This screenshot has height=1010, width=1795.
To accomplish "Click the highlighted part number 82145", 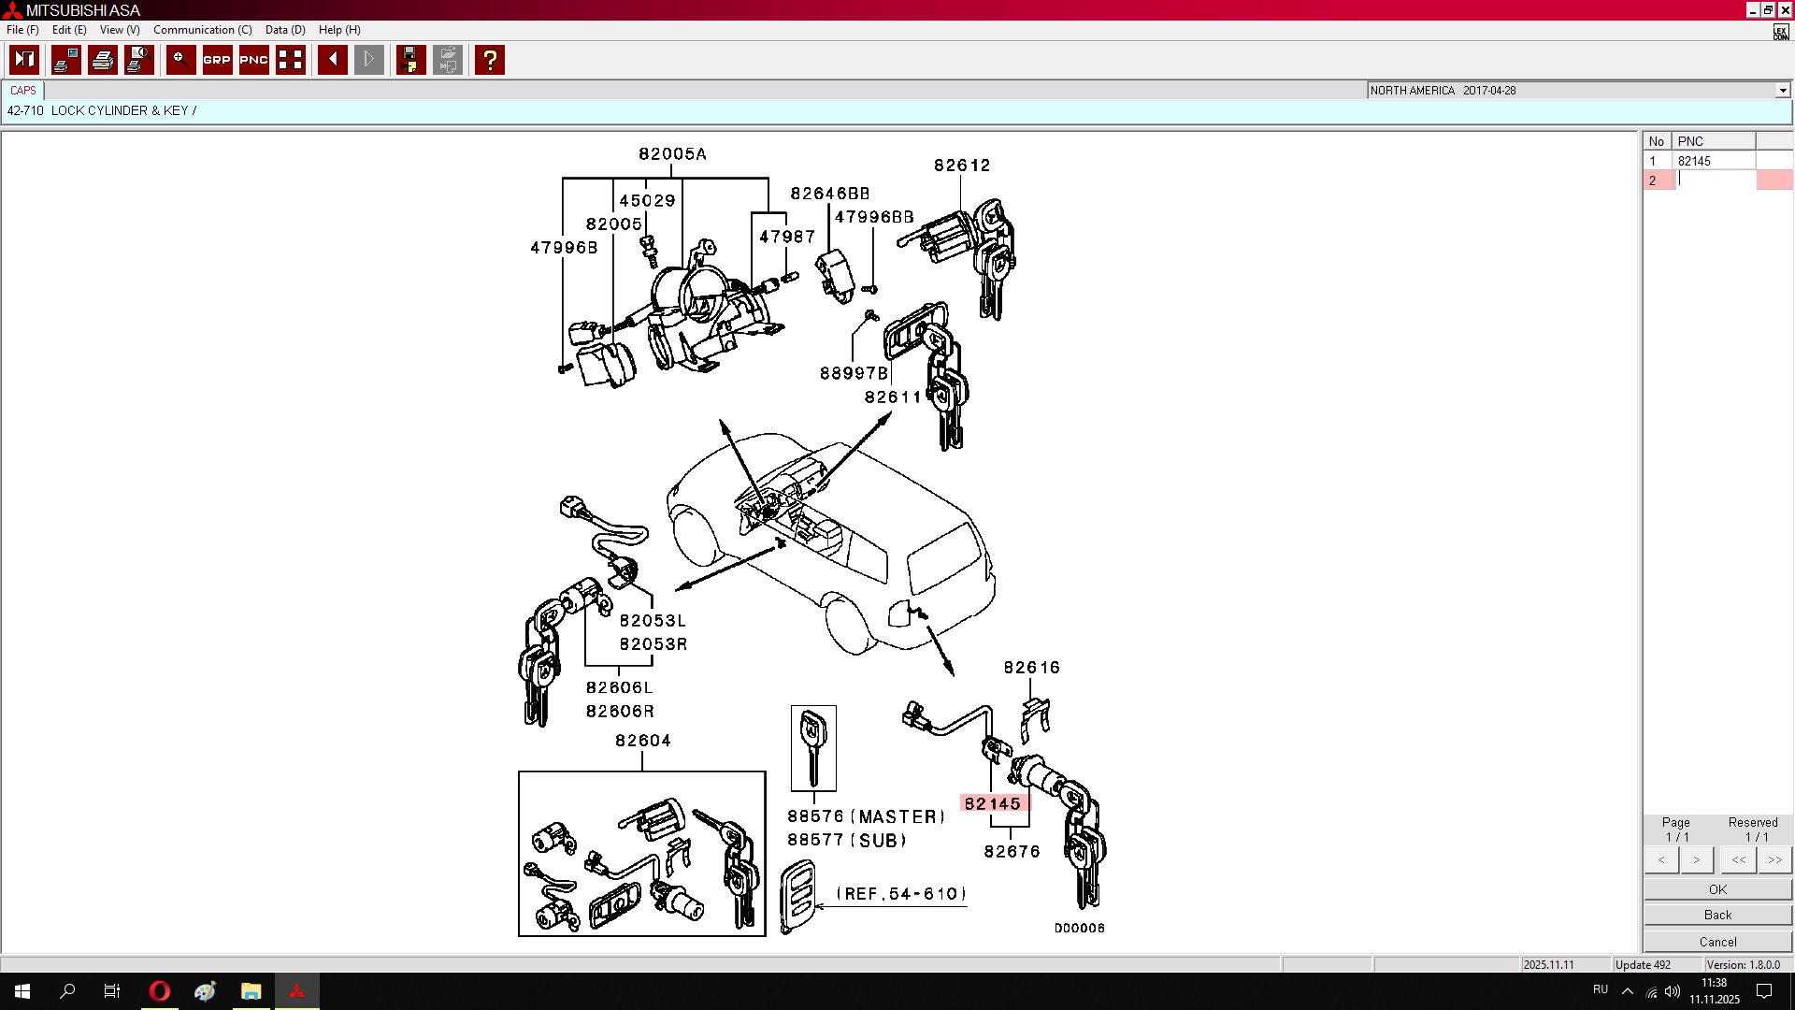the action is (992, 803).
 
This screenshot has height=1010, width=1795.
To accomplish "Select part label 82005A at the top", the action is (672, 154).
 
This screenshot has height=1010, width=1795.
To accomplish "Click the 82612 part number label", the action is (962, 166).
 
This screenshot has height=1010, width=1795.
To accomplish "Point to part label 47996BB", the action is (874, 217).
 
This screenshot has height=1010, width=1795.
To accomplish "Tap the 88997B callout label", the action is (854, 373).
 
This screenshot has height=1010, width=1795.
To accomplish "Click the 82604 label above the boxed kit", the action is (643, 741).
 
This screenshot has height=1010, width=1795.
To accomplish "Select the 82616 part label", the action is (1032, 668).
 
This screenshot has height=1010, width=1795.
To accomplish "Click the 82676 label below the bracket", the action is (1012, 852).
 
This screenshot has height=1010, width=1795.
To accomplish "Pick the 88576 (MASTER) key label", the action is (866, 816).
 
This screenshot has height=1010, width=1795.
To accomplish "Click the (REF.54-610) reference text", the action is (901, 894).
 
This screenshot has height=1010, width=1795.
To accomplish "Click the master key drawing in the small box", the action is (813, 748).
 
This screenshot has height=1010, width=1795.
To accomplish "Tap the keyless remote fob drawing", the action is (798, 898).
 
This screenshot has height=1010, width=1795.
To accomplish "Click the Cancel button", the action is (1717, 942).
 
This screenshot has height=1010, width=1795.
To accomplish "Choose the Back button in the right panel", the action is (1717, 915).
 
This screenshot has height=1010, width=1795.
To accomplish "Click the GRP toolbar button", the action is (217, 60).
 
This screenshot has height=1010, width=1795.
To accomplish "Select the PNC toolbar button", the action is (253, 60).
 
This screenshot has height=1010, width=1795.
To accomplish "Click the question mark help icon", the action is (489, 60).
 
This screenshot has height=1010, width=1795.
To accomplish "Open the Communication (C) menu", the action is (203, 30).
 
